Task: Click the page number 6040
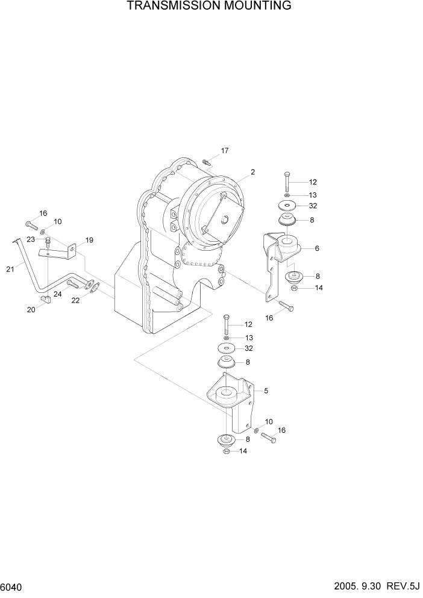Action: click(13, 587)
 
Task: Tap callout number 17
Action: click(224, 151)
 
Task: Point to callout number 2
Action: click(253, 172)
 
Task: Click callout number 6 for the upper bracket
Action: click(317, 248)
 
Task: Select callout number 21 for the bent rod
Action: click(10, 269)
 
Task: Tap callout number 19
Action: click(89, 241)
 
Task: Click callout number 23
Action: click(31, 240)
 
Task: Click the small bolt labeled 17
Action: click(206, 162)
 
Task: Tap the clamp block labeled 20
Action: click(46, 300)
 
